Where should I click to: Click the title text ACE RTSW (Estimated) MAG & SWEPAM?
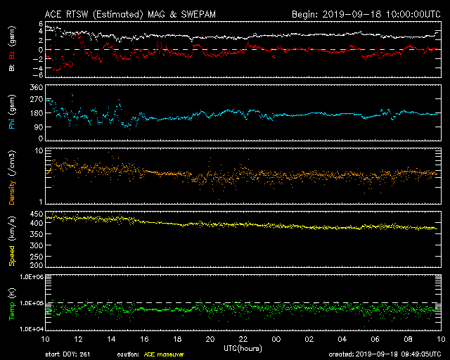tap(130, 14)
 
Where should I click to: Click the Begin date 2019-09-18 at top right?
tap(352, 14)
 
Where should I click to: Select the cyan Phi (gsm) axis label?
tap(12, 112)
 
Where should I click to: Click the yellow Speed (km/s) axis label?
tap(12, 241)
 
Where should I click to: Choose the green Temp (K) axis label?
tap(12, 304)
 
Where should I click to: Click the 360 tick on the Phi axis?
tap(37, 87)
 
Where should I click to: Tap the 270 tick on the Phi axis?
tap(37, 99)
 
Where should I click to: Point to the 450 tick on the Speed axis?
tap(37, 214)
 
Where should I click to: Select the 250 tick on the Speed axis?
tap(37, 257)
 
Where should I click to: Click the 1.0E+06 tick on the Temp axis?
tap(32, 277)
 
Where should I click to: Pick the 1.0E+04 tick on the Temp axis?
tap(32, 329)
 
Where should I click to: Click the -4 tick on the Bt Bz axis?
tap(38, 68)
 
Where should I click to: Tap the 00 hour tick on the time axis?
tap(276, 340)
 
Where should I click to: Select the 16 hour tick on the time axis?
tap(144, 340)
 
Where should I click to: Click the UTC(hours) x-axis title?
tap(243, 349)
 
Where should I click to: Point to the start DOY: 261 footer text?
tap(67, 354)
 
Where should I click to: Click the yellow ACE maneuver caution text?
tap(164, 354)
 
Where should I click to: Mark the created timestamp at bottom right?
tap(385, 354)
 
